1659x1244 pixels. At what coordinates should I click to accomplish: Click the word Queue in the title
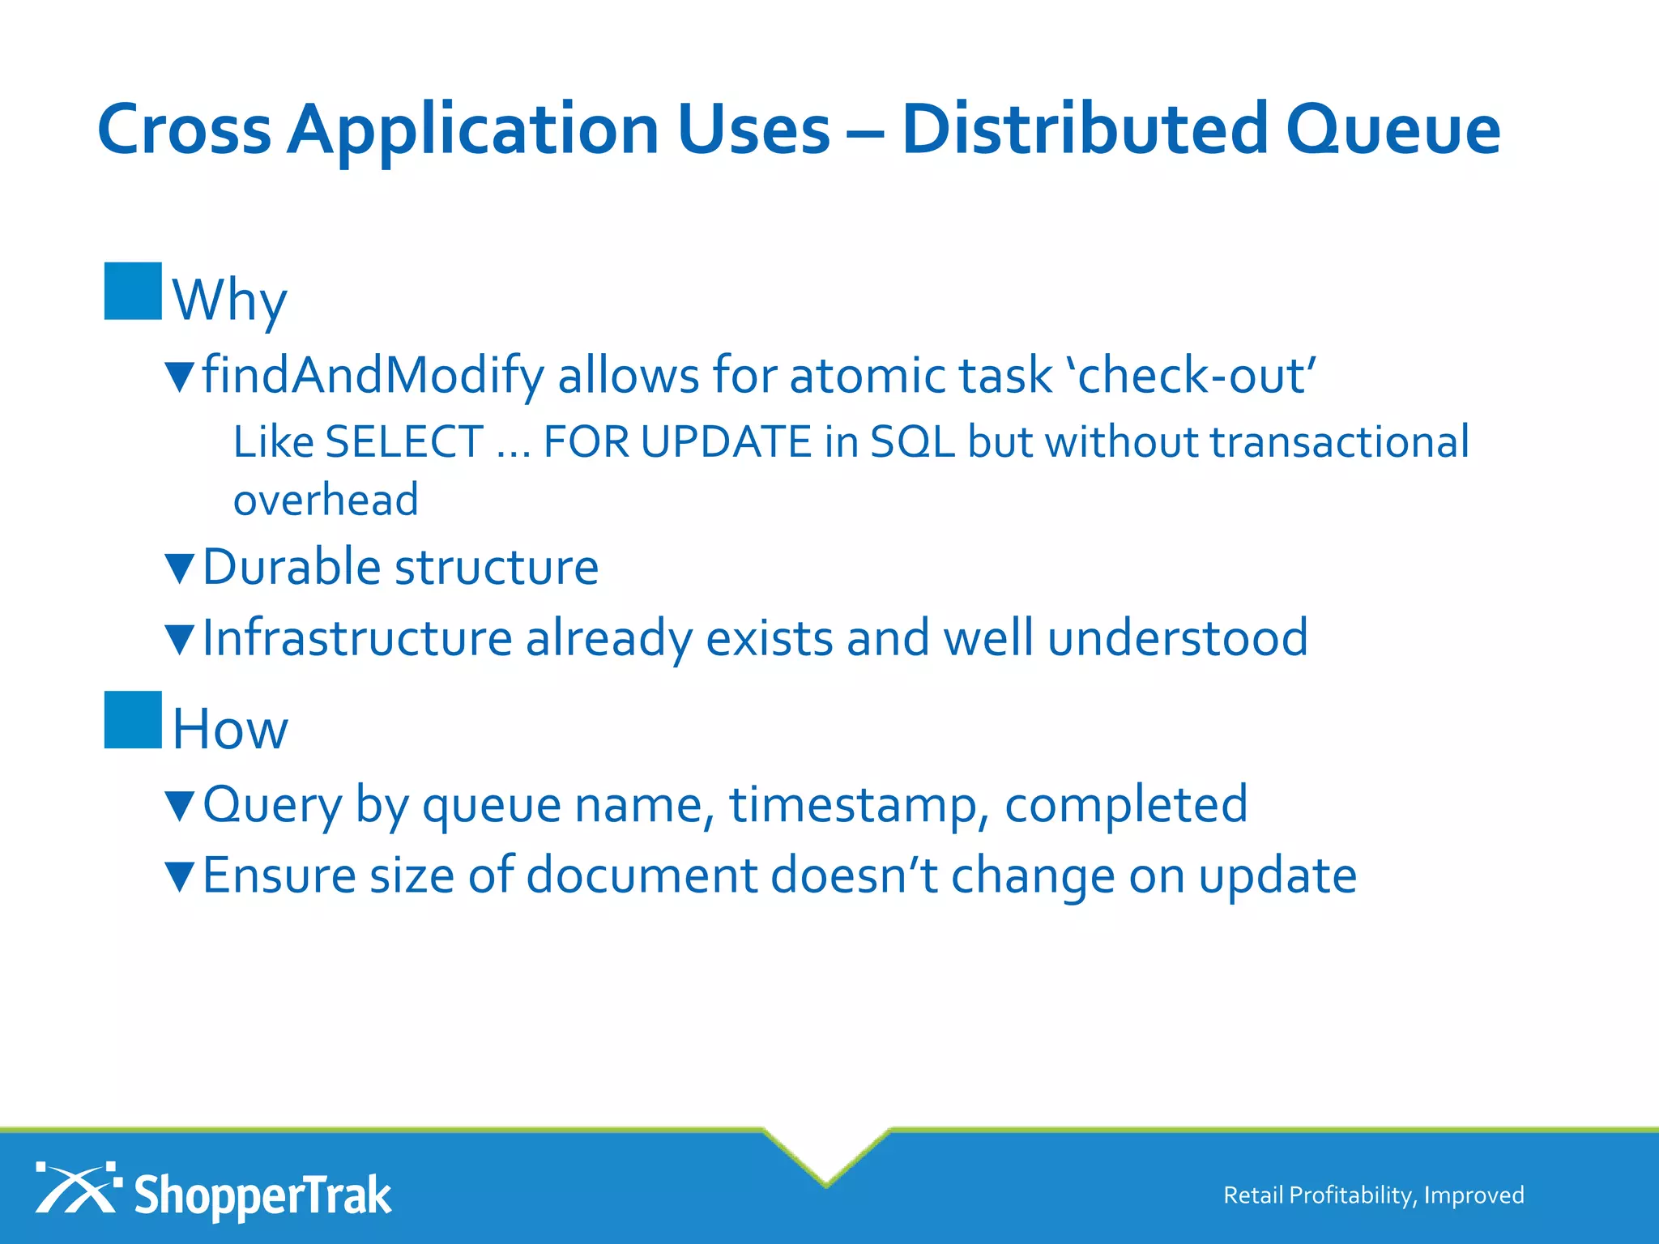click(x=1392, y=130)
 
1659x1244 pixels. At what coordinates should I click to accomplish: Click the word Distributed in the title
click(x=1085, y=130)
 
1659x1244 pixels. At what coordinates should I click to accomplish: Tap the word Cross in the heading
click(x=184, y=130)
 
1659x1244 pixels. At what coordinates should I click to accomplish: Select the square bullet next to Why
click(x=133, y=292)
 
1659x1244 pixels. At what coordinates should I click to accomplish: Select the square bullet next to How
click(x=133, y=720)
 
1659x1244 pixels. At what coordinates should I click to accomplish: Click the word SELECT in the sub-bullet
click(x=404, y=443)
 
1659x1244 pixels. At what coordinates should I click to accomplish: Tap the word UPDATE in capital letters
click(x=726, y=443)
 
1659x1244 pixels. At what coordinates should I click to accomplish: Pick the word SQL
click(x=913, y=443)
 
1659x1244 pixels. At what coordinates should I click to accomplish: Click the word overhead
click(x=326, y=500)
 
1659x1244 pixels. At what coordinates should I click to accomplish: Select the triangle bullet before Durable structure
click(x=179, y=569)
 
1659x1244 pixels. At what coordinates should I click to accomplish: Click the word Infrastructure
click(x=357, y=638)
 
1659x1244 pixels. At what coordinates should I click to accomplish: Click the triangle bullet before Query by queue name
click(x=179, y=807)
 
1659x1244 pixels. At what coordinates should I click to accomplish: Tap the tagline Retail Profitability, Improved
click(x=1373, y=1195)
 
